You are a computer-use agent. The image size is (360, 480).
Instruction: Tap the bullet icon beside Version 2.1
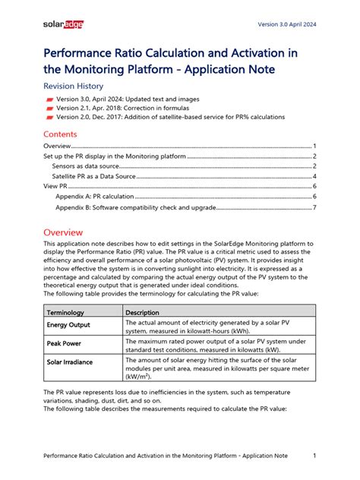coord(49,109)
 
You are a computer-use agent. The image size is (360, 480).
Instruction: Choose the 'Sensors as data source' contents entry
coord(87,166)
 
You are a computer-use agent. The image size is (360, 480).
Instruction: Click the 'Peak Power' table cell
coord(68,344)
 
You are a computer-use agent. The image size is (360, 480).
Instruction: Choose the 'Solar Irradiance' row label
coord(75,362)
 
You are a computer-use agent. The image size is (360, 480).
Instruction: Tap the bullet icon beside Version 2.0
coord(49,118)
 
